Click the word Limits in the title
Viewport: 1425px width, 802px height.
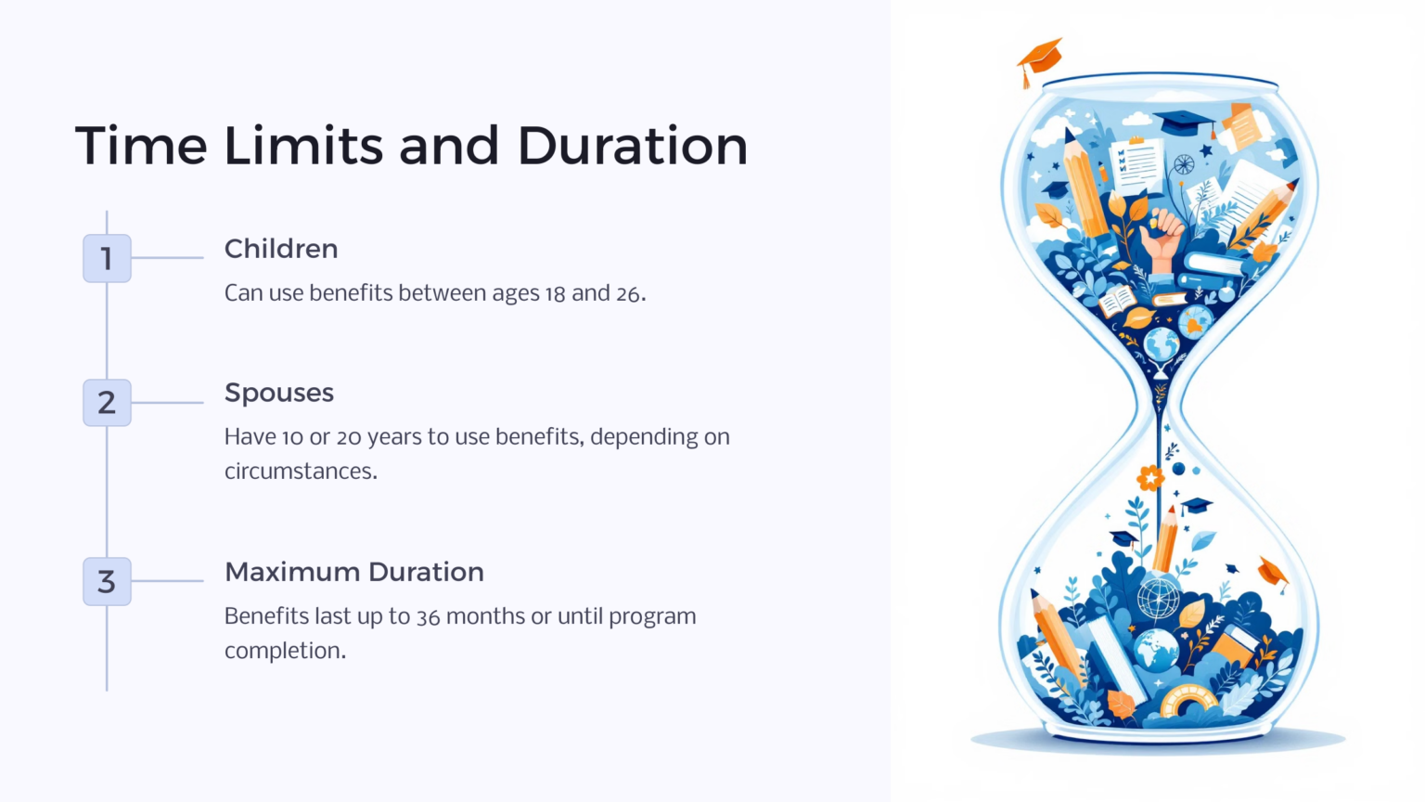click(x=303, y=146)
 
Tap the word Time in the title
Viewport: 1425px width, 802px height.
click(x=141, y=146)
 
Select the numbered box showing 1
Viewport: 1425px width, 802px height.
click(x=107, y=258)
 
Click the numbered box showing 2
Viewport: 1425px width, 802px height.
click(x=107, y=402)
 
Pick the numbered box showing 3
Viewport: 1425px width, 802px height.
click(x=107, y=581)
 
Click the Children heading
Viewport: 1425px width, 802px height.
click(x=281, y=249)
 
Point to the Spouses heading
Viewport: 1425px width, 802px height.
click(x=279, y=394)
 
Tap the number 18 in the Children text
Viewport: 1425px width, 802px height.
click(x=555, y=293)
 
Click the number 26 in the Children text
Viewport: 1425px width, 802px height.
click(x=628, y=293)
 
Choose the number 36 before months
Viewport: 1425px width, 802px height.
click(x=428, y=616)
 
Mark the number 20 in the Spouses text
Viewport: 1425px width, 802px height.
click(x=349, y=437)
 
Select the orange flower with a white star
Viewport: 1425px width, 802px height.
click(x=1150, y=477)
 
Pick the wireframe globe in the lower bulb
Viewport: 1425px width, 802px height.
click(x=1159, y=599)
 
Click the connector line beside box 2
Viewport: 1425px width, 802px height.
click(x=167, y=402)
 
